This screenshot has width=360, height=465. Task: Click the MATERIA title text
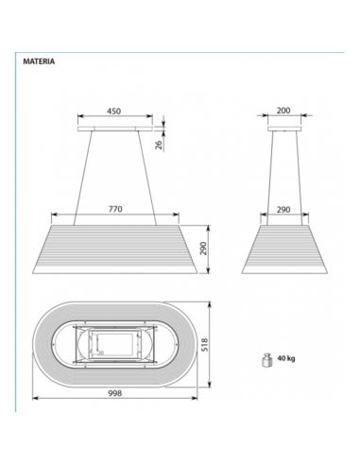pyautogui.click(x=39, y=61)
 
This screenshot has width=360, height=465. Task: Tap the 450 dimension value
pyautogui.click(x=113, y=111)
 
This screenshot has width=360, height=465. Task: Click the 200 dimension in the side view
pyautogui.click(x=283, y=111)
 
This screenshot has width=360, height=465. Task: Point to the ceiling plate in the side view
pyautogui.click(x=283, y=125)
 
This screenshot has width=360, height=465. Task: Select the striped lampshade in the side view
pyautogui.click(x=283, y=248)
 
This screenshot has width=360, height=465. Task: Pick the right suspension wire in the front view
pyautogui.click(x=144, y=175)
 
